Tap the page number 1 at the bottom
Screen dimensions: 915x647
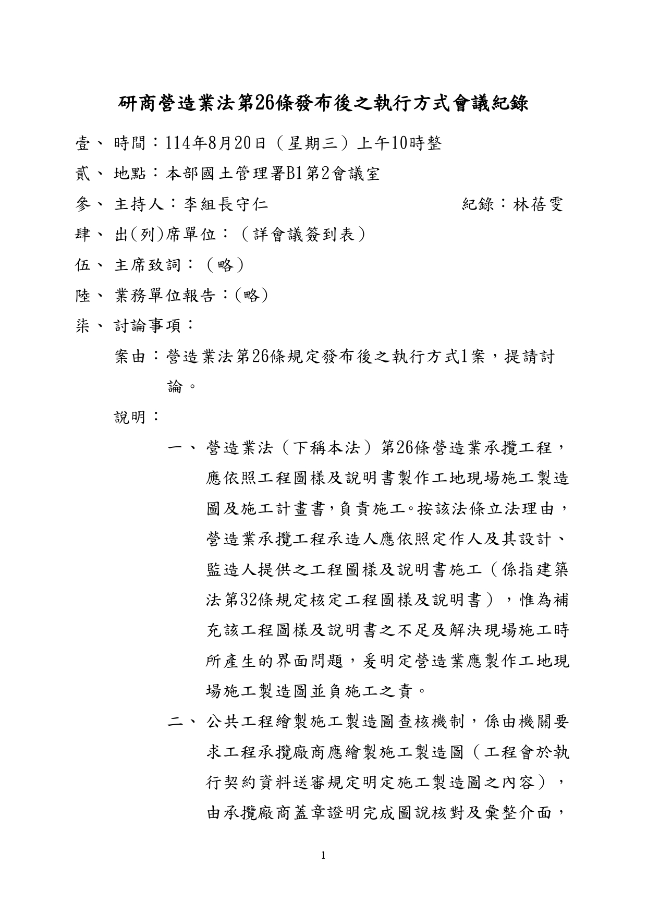[323, 855]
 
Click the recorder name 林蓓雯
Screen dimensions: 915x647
[538, 204]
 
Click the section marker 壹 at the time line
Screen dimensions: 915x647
[83, 143]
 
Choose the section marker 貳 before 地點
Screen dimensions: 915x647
[83, 174]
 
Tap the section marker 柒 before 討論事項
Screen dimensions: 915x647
[83, 326]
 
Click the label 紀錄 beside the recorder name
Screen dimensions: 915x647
[478, 204]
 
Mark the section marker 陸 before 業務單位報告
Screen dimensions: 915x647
[83, 296]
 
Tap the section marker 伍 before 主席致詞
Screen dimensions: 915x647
[83, 265]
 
